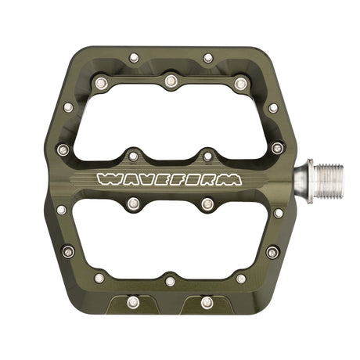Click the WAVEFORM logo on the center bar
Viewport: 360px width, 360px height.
[x=168, y=179]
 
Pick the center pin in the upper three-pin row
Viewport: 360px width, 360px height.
[x=170, y=80]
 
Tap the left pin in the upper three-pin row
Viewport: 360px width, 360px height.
[x=100, y=81]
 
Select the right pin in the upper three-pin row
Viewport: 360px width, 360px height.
[x=239, y=81]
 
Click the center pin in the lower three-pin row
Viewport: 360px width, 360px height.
[x=170, y=280]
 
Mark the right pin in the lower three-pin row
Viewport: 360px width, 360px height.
[x=240, y=278]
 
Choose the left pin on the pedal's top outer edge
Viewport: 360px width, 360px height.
[x=134, y=57]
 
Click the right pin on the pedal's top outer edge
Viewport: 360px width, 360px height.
[x=207, y=57]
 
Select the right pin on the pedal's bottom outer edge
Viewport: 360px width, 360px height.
[x=207, y=301]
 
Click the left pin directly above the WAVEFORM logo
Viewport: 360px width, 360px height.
[x=133, y=156]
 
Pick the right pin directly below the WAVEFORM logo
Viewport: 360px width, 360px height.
[x=207, y=204]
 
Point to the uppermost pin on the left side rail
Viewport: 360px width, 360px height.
[x=67, y=107]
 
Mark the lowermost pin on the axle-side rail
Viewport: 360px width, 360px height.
[x=272, y=252]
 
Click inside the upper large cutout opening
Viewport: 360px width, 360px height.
[x=170, y=117]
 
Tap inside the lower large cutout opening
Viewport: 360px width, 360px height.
[x=170, y=239]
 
